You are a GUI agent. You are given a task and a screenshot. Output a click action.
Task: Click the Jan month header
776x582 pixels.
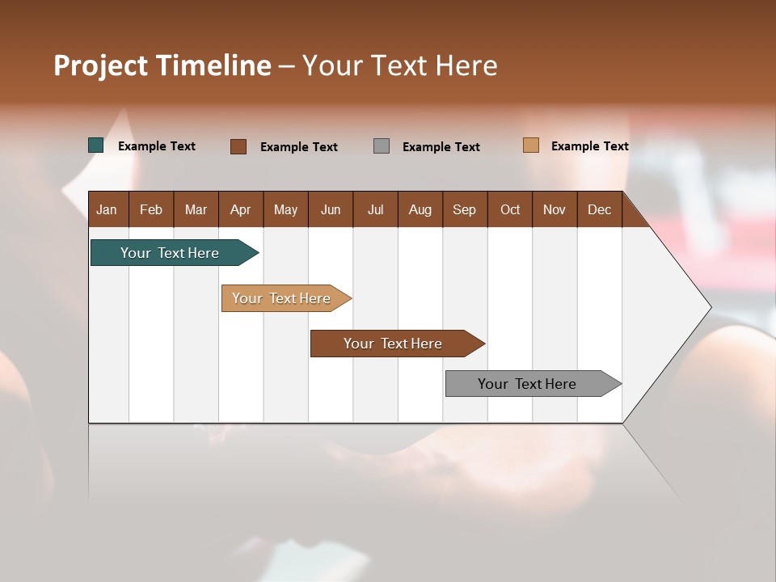[x=108, y=209]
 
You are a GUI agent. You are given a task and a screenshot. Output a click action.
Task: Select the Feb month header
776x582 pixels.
[x=151, y=209]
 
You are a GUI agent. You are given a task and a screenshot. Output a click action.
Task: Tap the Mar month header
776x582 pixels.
[x=196, y=209]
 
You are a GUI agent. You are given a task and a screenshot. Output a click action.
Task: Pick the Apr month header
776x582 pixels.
[x=241, y=209]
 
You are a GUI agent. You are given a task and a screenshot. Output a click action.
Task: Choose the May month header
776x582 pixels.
[x=285, y=209]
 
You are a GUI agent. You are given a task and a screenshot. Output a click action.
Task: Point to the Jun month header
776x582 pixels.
[x=331, y=209]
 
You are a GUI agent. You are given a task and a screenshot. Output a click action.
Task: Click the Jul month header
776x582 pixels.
[x=375, y=209]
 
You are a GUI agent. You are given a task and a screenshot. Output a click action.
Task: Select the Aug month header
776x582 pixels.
[x=420, y=209]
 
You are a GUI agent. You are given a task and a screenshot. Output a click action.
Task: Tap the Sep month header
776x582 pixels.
[x=465, y=209]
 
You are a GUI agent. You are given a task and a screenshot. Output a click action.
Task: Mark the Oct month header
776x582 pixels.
[x=510, y=209]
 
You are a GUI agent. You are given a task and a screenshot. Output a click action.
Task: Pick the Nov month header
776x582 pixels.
[x=555, y=209]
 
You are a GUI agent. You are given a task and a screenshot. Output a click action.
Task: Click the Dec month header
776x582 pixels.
[x=600, y=209]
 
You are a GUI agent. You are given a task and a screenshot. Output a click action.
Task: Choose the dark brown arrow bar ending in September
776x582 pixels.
[x=394, y=344]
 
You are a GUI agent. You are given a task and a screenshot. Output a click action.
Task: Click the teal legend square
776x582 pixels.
[x=96, y=145]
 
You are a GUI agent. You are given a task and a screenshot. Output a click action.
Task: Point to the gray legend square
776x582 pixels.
[x=382, y=146]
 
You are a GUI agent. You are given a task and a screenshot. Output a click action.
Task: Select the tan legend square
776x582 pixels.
[x=531, y=145]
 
